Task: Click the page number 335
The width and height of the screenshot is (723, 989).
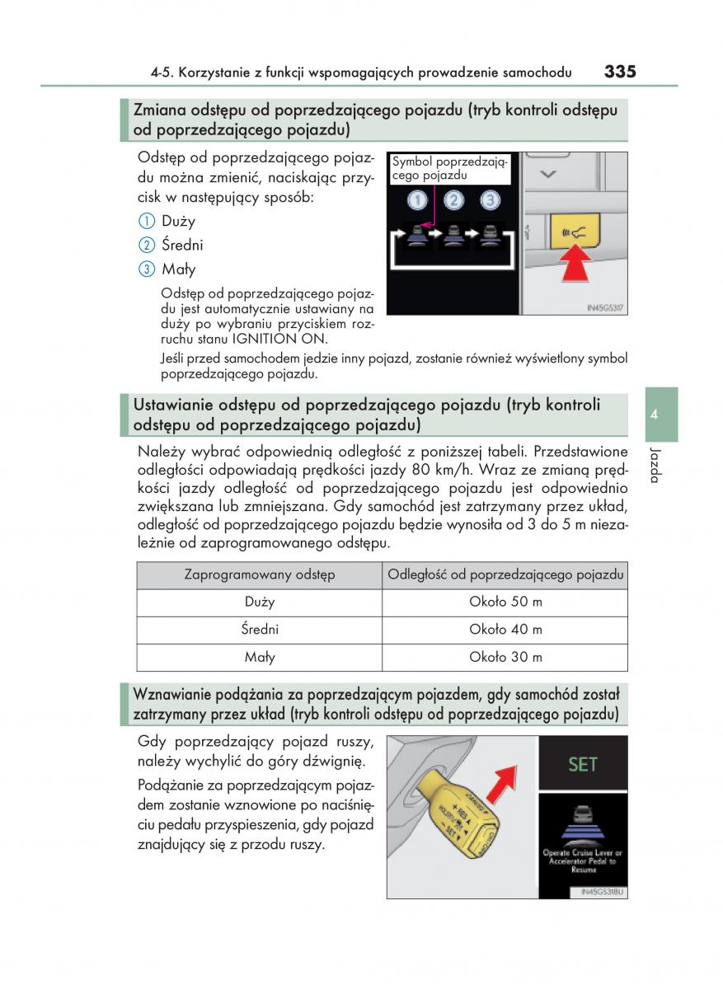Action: coord(619,71)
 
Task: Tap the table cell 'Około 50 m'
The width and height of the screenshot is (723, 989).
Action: coord(505,602)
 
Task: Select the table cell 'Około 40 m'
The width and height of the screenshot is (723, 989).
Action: coord(505,630)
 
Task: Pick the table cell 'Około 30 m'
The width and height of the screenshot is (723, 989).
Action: coord(505,657)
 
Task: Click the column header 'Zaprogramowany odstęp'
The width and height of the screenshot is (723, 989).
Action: coord(260,575)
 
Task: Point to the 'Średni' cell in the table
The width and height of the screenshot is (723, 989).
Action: coord(260,630)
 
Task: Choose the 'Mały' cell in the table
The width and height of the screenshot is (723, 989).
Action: coord(260,657)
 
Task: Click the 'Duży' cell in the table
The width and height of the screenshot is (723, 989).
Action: coord(260,602)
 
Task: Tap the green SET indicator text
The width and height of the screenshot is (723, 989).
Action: coord(582,764)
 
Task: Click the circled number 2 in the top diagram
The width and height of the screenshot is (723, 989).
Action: coord(453,199)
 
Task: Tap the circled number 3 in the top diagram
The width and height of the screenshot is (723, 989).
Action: coord(490,199)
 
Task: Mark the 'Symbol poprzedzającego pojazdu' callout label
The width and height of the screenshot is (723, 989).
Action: coord(449,169)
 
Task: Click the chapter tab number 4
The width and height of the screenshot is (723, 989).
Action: coord(653,415)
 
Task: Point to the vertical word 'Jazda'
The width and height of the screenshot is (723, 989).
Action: coord(655,466)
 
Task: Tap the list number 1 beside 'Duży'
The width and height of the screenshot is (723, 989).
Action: coord(146,221)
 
